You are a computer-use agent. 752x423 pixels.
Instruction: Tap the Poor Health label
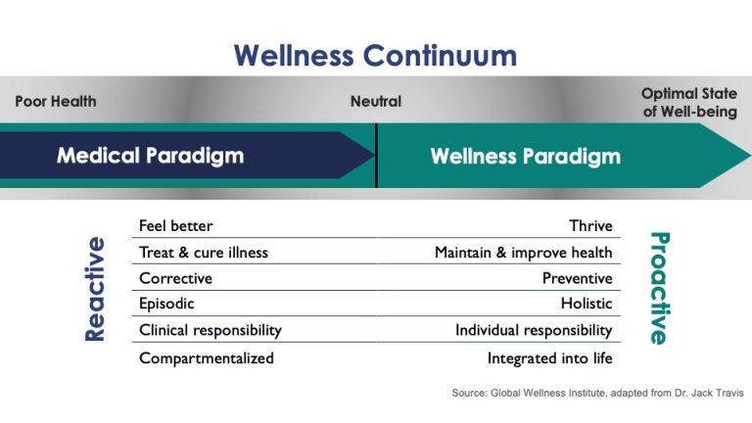coord(56,101)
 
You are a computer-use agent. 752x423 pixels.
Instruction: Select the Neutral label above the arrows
coord(376,101)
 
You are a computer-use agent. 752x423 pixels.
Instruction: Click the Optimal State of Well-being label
coord(689,102)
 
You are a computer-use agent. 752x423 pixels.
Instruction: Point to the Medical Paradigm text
coord(150,156)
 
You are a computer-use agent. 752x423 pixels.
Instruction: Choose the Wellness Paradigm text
coord(525,156)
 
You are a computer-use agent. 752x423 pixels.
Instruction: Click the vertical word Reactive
coord(95,289)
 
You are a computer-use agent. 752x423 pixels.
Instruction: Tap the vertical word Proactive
coord(658,288)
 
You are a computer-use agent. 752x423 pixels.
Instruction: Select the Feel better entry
coord(175,226)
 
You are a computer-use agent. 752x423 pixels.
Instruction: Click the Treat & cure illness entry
coord(203,253)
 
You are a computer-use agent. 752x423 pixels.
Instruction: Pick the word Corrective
coord(175,278)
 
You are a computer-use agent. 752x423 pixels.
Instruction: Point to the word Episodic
coord(166,304)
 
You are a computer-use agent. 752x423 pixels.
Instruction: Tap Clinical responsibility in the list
coord(210,330)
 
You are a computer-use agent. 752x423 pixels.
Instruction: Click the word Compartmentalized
coord(206,357)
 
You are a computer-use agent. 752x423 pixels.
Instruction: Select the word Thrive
coord(590,226)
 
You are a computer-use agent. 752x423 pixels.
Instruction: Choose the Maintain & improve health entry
coord(523,253)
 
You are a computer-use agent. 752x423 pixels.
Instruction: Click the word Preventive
coord(577,278)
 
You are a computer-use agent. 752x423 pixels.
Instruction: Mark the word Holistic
coord(587,304)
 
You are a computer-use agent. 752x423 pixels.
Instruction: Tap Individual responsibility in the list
coord(534,330)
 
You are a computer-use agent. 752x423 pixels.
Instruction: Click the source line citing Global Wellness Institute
coord(597,393)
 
